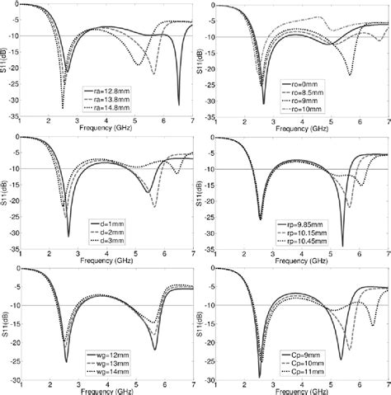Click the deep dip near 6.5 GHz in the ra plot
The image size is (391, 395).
point(178,104)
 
